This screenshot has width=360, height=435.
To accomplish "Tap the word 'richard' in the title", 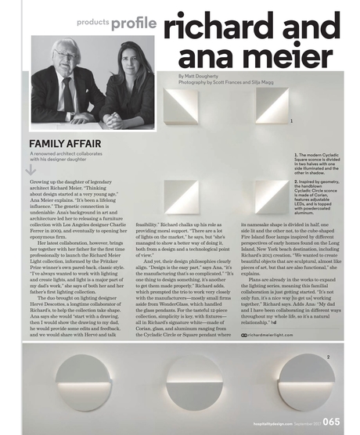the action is (211, 25).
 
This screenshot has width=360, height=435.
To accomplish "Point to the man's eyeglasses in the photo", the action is (66, 56).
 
